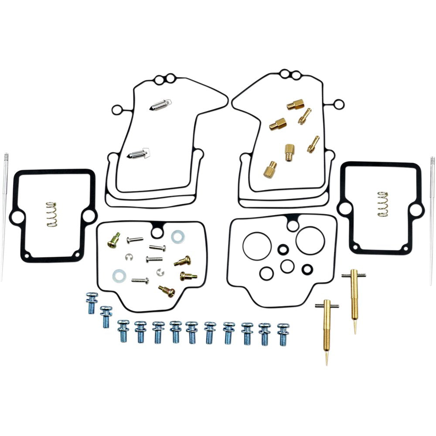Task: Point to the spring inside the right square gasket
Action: pos(383,203)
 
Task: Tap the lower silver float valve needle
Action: pos(139,153)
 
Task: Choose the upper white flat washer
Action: pos(177,236)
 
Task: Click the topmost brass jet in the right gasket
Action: pos(296,105)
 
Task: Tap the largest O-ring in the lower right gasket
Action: pos(310,239)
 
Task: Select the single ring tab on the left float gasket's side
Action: pos(116,109)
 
